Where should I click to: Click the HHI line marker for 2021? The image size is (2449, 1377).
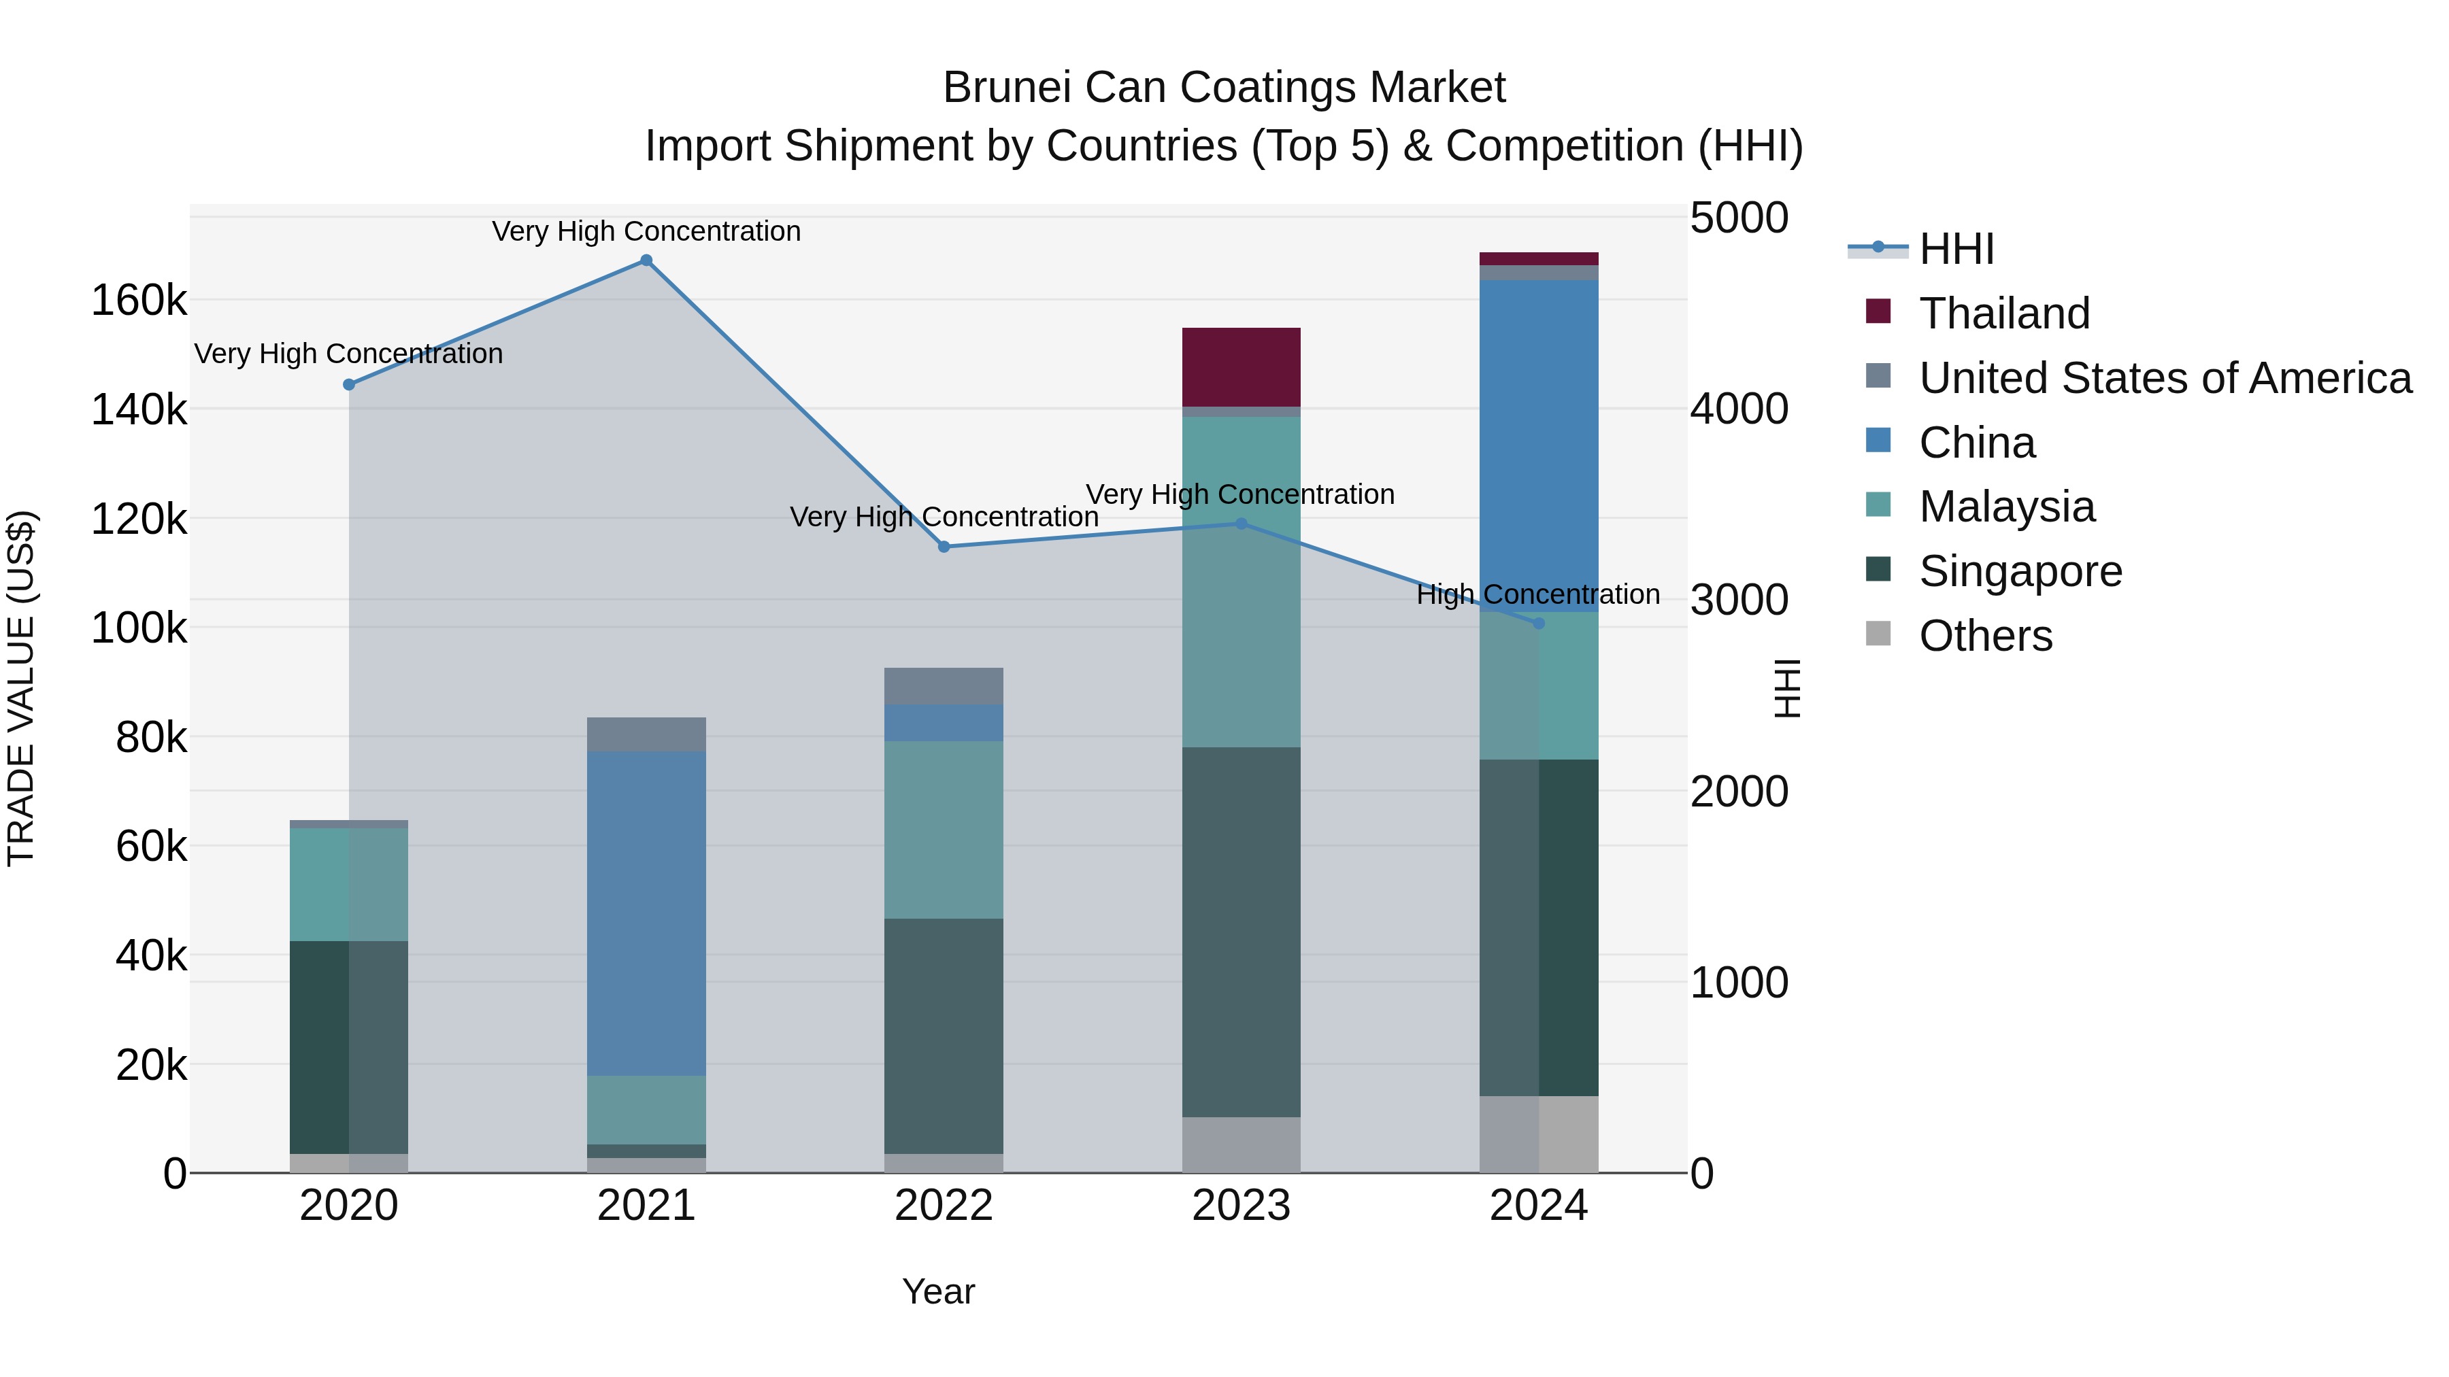646,260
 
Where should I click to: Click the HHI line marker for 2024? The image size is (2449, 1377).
1539,624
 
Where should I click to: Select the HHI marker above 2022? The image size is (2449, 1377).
944,547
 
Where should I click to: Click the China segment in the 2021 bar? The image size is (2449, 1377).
646,913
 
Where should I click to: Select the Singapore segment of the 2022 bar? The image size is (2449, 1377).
944,1036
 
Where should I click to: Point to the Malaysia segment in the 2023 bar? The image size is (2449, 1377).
1241,581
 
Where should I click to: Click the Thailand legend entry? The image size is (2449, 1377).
2004,313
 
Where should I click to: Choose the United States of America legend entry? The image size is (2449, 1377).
2165,378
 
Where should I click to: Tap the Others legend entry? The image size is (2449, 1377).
1985,636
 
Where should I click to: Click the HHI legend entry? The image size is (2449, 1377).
1956,249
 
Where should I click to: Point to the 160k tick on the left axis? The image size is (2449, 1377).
139,301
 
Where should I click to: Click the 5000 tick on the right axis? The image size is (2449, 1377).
1739,218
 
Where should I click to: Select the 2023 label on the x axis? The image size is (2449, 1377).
1241,1206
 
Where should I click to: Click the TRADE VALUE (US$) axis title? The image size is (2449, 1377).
21,688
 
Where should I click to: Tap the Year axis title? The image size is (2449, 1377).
938,1291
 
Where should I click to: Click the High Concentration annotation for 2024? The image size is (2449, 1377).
1538,595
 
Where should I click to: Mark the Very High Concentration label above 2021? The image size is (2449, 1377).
646,232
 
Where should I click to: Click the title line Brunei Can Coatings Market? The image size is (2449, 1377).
1224,88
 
